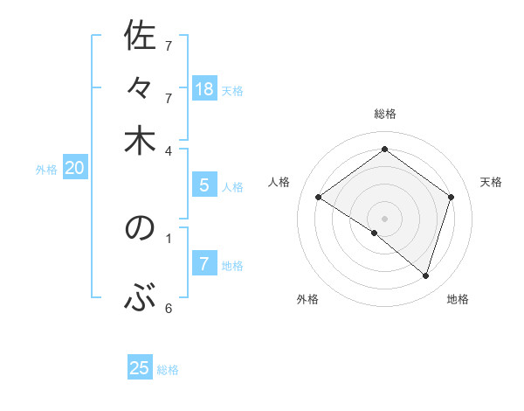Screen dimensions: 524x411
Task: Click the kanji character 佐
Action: tap(140, 37)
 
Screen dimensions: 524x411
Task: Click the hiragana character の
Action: tap(140, 229)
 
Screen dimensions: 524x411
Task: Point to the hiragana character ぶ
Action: tap(140, 300)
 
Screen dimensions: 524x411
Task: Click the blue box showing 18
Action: tap(204, 88)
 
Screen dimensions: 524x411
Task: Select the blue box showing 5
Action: tap(204, 185)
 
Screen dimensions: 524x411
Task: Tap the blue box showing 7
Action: tap(204, 264)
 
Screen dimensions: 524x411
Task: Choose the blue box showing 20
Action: tap(74, 169)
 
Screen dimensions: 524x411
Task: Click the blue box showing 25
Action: tap(140, 368)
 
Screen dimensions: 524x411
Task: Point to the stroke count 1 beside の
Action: tap(169, 236)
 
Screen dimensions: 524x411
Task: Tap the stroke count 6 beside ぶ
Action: tap(169, 308)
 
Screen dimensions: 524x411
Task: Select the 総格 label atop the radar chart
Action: tap(385, 114)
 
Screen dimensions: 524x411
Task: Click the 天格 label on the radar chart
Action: tap(491, 182)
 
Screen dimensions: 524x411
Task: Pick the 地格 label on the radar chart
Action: tap(458, 299)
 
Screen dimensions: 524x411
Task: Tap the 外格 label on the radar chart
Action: tap(307, 299)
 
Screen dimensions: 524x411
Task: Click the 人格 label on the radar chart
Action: tap(279, 182)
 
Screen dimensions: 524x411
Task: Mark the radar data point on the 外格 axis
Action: tap(375, 233)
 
